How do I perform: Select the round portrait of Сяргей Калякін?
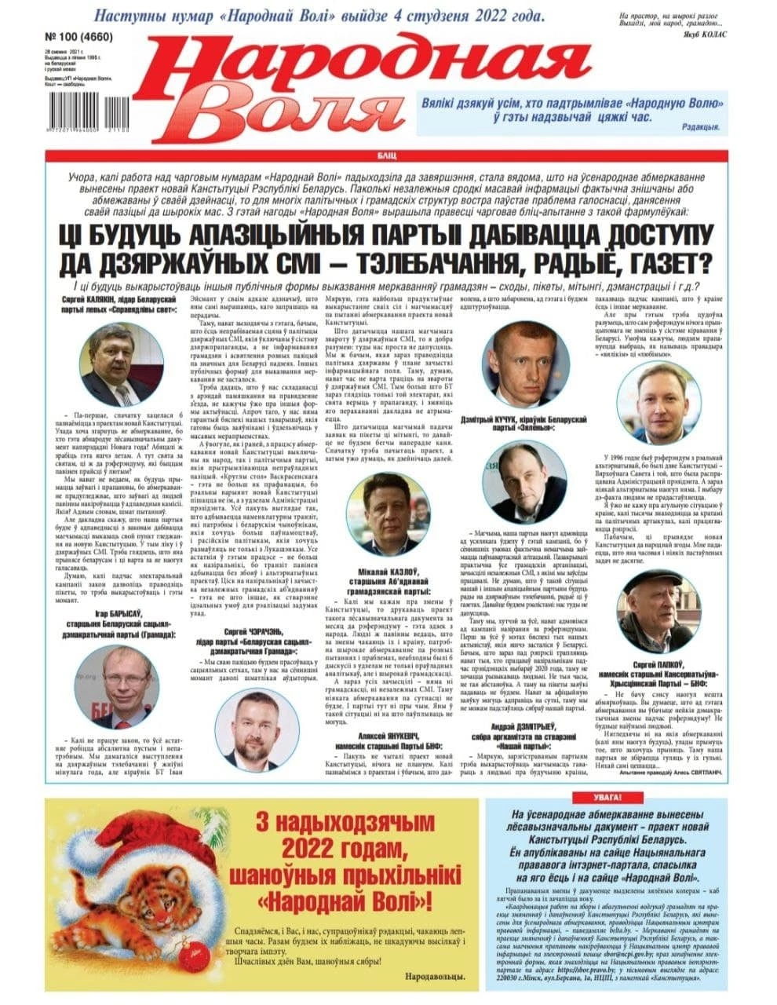click(119, 363)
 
